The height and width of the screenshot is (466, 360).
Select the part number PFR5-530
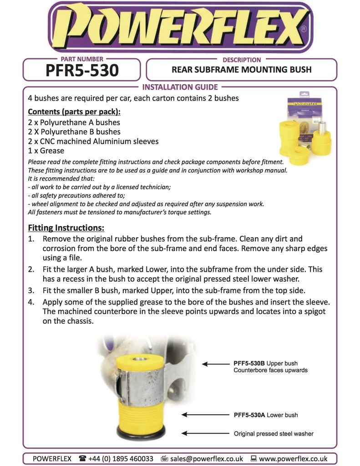click(x=82, y=70)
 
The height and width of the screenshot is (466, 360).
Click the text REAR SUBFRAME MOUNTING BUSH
click(x=241, y=70)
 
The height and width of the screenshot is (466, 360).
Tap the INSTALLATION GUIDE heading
click(x=180, y=87)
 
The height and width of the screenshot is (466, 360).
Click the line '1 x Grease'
click(x=46, y=151)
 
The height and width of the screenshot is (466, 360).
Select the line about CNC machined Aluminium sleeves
click(x=93, y=141)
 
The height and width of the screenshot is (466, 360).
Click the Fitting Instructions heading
click(x=66, y=228)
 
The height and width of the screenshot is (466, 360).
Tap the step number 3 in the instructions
click(x=31, y=290)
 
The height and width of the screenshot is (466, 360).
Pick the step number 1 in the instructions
click(x=31, y=238)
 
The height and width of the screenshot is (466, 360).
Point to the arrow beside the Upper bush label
click(x=216, y=364)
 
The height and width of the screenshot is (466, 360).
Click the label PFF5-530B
click(x=249, y=363)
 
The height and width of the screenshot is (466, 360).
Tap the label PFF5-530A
click(x=249, y=415)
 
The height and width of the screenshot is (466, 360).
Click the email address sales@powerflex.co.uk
click(x=206, y=458)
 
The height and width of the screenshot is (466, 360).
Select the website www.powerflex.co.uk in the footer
click(x=293, y=458)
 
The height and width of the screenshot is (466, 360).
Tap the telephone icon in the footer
click(x=82, y=458)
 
